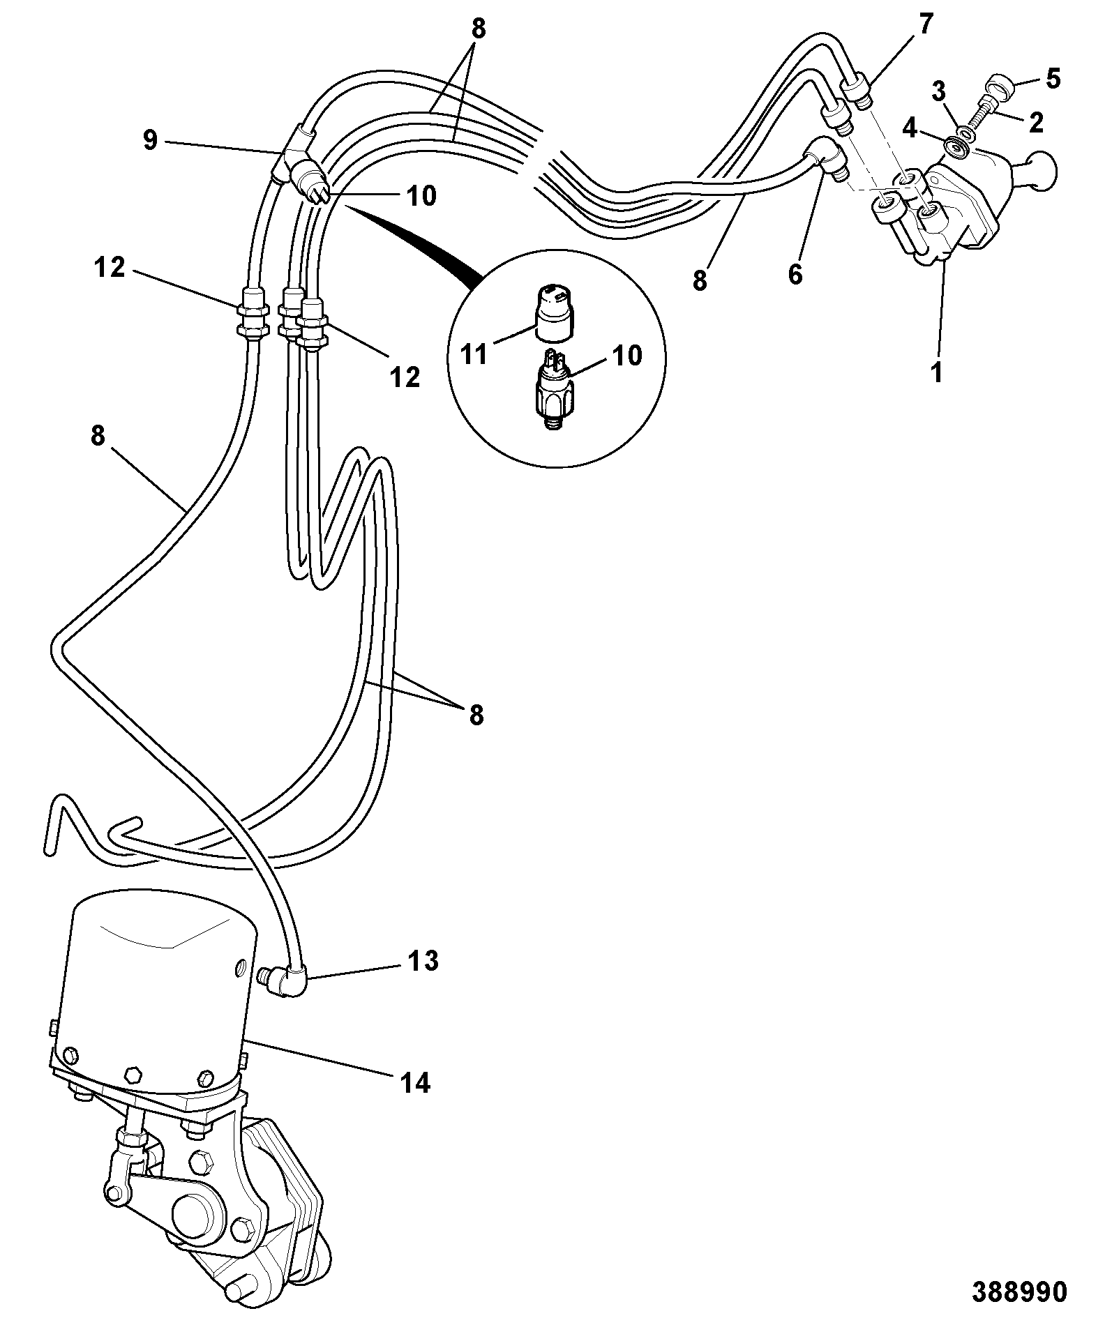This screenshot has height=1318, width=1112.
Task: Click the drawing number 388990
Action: click(1019, 1292)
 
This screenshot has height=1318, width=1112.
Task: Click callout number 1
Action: click(937, 372)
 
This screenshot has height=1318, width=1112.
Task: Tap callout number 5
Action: click(1053, 79)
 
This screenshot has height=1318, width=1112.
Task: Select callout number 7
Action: click(924, 25)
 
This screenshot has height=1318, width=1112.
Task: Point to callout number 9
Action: click(150, 141)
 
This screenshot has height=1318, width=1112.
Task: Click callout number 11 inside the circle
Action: click(474, 355)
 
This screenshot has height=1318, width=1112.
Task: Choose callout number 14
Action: click(415, 1083)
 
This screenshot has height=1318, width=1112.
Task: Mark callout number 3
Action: click(939, 91)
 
